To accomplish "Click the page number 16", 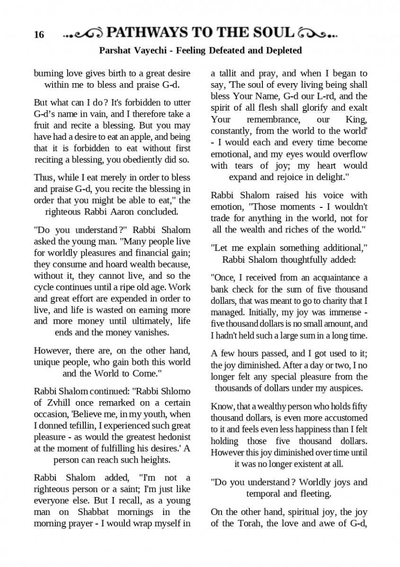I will click(39, 34).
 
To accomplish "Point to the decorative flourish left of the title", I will click(83, 34).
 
